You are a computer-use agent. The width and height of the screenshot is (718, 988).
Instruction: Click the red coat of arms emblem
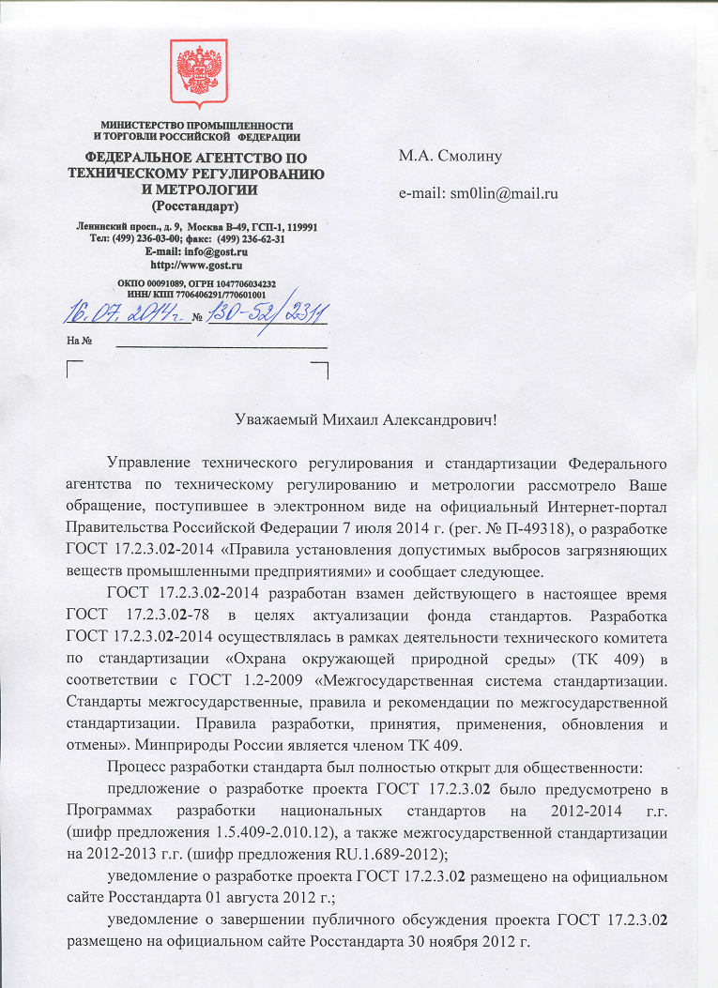(x=198, y=76)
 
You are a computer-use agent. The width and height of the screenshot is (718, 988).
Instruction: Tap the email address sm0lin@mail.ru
(x=479, y=193)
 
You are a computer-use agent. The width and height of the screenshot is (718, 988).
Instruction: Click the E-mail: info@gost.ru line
(x=196, y=251)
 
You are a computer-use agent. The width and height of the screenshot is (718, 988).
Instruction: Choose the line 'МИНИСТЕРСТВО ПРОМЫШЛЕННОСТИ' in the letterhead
(x=197, y=126)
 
